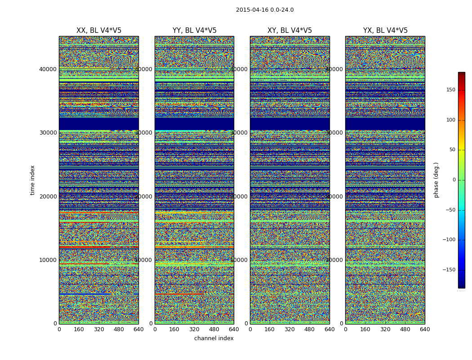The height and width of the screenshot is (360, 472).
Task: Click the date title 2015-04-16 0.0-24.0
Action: click(265, 10)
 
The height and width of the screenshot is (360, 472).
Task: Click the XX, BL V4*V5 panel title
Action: click(99, 31)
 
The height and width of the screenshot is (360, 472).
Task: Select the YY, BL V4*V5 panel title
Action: click(194, 31)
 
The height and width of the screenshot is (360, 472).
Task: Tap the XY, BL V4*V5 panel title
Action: click(289, 31)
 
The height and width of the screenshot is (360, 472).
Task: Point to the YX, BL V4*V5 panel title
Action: click(385, 31)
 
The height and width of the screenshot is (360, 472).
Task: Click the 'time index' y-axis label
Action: click(32, 180)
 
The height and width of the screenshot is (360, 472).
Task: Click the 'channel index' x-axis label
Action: click(214, 338)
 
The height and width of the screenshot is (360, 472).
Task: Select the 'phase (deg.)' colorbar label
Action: click(436, 180)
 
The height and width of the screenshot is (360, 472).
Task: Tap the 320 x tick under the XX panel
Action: click(99, 329)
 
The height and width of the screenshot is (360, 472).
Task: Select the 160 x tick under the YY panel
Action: click(174, 329)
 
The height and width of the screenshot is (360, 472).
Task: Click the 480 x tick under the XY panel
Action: click(310, 329)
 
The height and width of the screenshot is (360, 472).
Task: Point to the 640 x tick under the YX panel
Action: click(425, 329)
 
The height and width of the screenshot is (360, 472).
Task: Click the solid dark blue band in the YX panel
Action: click(385, 124)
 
